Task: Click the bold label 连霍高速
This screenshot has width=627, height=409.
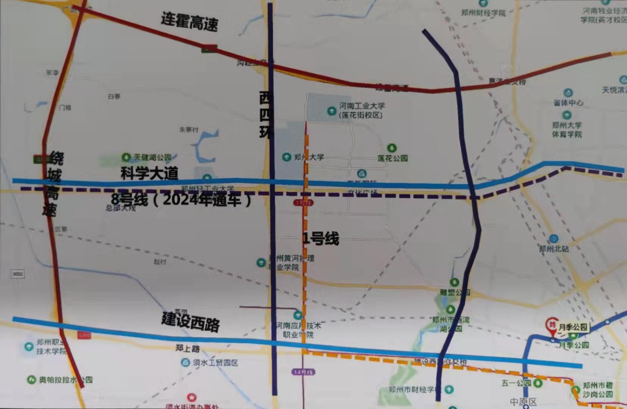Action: coord(189,21)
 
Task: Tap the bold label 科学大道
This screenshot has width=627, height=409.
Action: coord(149,173)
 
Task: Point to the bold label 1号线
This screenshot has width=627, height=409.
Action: coord(321,239)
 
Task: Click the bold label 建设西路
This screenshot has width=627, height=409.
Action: coord(191,322)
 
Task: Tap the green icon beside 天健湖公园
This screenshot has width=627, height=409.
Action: coord(126,157)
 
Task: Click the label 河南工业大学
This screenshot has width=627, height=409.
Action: coord(362,106)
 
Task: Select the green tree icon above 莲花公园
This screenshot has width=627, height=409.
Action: coord(392,147)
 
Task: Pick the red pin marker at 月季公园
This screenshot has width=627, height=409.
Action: coord(552,326)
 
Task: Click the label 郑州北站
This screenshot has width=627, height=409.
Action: coord(554,249)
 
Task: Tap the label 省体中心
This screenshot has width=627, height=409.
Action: coord(568,102)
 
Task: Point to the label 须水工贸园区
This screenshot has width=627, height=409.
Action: coord(215,363)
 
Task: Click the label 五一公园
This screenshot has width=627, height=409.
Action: coord(516,383)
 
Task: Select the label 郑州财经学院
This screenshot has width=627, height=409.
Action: coord(483,13)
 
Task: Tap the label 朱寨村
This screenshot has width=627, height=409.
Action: coord(189,130)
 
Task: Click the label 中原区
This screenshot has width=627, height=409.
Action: coord(523,402)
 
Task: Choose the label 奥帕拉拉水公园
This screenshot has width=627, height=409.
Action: coord(66,379)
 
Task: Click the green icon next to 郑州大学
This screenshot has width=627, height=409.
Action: coord(286,157)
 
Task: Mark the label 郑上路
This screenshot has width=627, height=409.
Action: coord(188,348)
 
